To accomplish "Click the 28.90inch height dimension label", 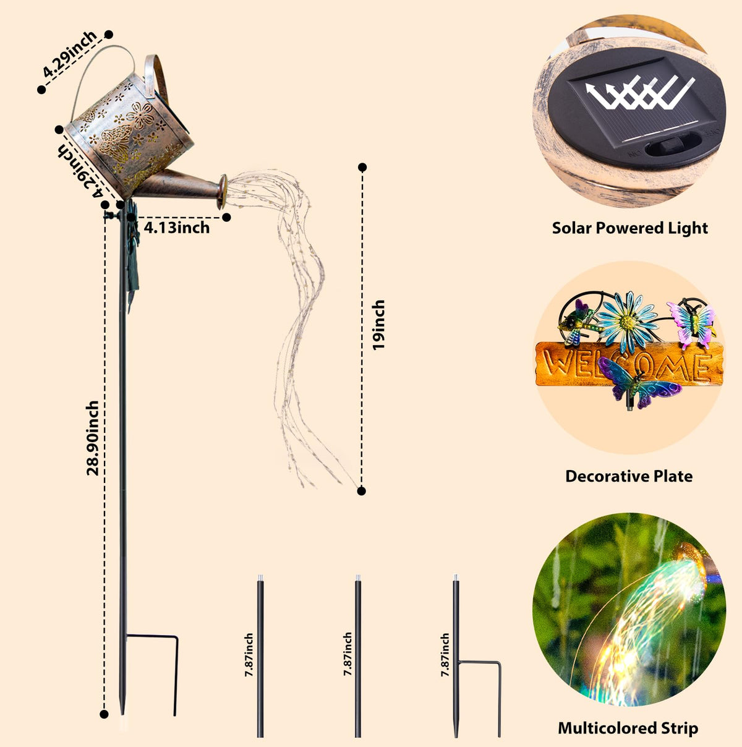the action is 92,438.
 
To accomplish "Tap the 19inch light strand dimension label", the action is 378,325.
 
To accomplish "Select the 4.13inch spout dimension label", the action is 177,228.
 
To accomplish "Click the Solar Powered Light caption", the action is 630,228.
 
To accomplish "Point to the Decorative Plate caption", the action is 629,476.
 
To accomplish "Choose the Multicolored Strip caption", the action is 628,728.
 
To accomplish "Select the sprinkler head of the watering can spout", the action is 222,192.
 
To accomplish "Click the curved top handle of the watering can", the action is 103,75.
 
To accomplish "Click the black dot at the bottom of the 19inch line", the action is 362,491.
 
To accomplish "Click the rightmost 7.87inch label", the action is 445,655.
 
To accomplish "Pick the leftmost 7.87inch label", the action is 249,655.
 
